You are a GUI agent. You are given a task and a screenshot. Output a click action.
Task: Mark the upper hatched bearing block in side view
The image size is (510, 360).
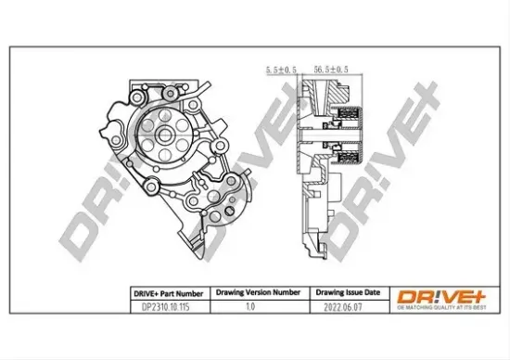pos(350,119)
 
